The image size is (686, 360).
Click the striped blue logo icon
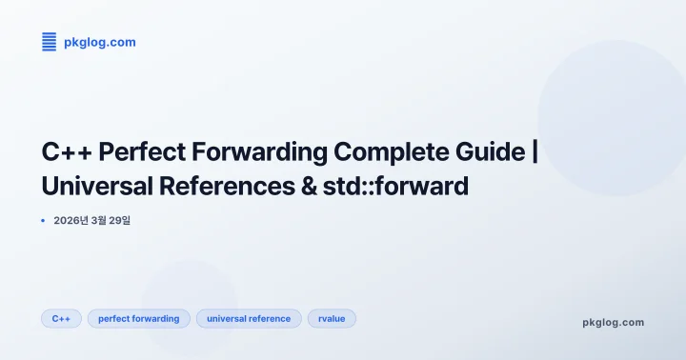50,41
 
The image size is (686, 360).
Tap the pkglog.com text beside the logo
99,42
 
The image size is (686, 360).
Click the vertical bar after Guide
535,151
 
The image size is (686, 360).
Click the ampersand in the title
306,186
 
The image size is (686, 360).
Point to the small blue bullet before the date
44,221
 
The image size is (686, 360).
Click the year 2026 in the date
69,221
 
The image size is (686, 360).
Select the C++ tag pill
61,318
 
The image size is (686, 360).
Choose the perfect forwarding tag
139,318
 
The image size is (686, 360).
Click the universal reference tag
249,318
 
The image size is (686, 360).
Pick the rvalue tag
332,318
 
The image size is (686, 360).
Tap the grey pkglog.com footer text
613,322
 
